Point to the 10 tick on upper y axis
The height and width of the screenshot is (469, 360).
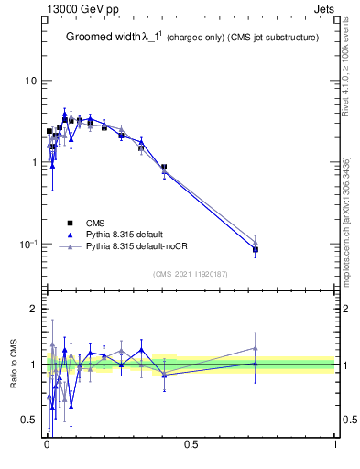pyautogui.click(x=30, y=82)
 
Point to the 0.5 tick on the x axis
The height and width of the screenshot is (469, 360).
pyautogui.click(x=191, y=443)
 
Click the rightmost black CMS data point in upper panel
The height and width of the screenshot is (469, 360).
pyautogui.click(x=256, y=249)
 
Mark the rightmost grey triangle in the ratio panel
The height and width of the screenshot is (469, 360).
pyautogui.click(x=256, y=348)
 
